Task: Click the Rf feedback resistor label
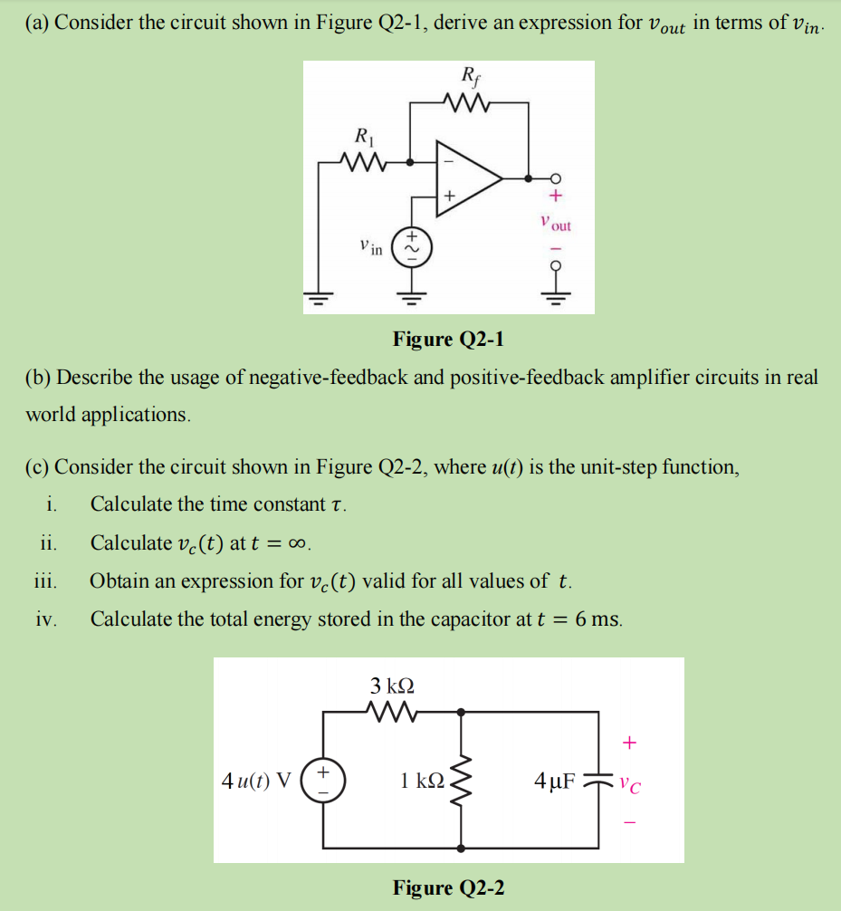point(471,77)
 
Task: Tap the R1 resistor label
point(361,139)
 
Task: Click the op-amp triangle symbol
point(466,178)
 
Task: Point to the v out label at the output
point(555,223)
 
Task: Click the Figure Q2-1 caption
point(448,339)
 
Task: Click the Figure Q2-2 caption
point(448,887)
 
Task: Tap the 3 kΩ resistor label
point(394,684)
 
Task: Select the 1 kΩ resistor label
point(422,780)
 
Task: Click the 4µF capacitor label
point(554,780)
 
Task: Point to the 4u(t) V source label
point(257,780)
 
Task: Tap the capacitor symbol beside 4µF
point(597,780)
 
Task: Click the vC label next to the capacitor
point(631,781)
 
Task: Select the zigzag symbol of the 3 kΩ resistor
point(394,712)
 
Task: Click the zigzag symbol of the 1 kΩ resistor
point(463,780)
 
